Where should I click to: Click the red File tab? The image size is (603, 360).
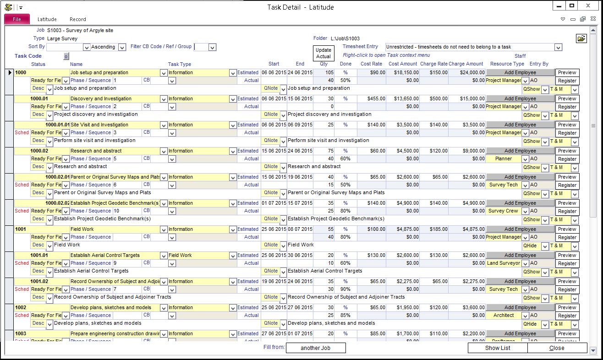tap(17, 19)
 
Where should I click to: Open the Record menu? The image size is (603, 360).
tap(77, 19)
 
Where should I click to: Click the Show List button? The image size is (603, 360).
tap(498, 348)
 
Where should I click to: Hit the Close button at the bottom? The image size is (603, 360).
tap(557, 348)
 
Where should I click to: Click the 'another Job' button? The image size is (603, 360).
tap(316, 348)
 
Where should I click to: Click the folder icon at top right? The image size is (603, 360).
tap(581, 39)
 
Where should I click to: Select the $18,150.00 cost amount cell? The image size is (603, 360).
tap(403, 72)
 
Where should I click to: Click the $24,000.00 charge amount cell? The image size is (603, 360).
tap(467, 72)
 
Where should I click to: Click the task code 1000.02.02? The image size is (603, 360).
tap(57, 203)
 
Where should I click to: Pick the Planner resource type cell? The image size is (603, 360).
tap(503, 158)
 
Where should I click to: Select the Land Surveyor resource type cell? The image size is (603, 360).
tap(503, 263)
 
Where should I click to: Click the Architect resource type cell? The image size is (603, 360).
tap(503, 315)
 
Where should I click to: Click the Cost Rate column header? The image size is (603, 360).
tap(371, 64)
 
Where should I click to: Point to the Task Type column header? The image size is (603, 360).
tap(180, 64)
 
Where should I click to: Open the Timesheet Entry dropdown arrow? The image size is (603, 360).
tap(558, 47)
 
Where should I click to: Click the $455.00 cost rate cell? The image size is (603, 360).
tap(372, 98)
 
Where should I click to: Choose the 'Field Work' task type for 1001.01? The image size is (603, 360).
tap(198, 255)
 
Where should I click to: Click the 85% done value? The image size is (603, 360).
tap(345, 315)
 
